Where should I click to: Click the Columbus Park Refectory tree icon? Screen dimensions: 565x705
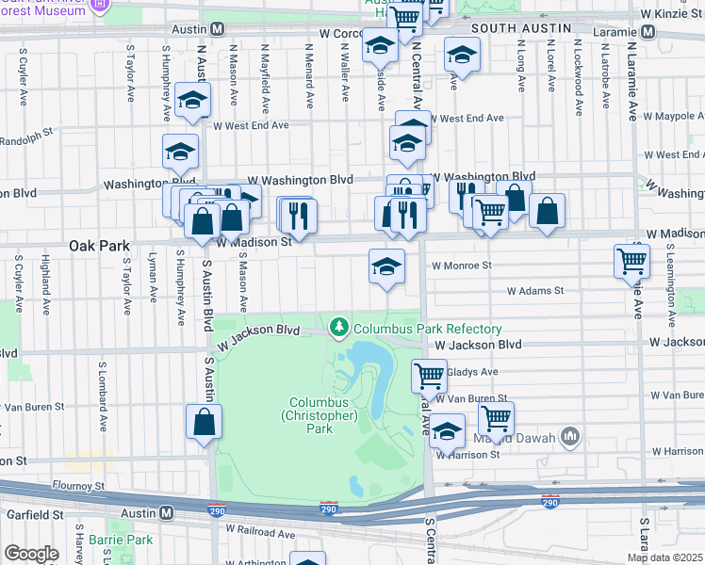coord(339,329)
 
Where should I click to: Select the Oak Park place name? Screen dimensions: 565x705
coord(99,246)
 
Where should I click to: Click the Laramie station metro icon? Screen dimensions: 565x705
coord(647,30)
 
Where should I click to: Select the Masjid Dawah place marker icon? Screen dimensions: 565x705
coord(569,436)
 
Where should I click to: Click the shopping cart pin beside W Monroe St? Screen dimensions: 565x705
coord(631,261)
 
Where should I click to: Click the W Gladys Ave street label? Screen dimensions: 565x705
coord(468,372)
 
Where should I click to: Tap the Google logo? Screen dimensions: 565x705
coord(31,554)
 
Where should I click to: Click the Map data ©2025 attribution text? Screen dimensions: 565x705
coord(664,557)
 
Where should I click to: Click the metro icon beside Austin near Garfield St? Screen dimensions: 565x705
coord(167,513)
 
